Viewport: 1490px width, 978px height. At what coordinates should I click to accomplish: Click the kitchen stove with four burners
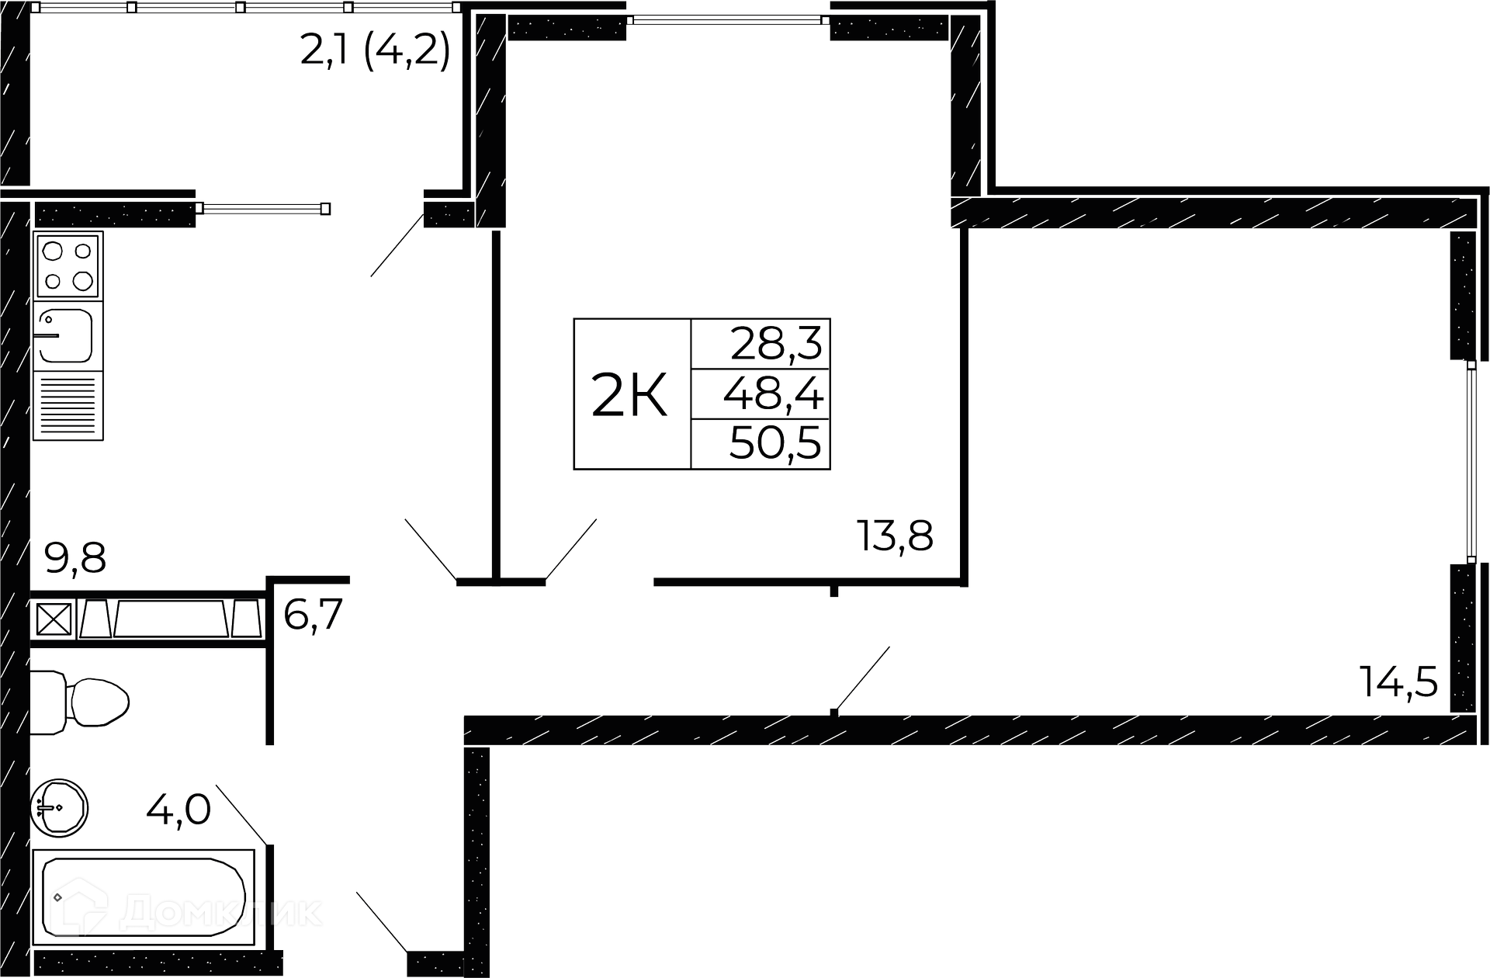(68, 265)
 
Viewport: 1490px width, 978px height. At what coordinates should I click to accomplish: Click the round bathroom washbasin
(60, 808)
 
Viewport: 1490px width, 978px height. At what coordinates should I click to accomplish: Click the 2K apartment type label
(629, 395)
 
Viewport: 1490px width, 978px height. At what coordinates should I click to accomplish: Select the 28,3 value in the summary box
(775, 343)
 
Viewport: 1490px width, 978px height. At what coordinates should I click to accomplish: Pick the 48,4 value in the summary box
(773, 395)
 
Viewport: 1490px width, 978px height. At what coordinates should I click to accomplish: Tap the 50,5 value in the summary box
(774, 445)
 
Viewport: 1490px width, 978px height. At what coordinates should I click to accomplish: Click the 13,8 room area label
(895, 536)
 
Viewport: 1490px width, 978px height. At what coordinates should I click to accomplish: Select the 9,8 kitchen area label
(75, 558)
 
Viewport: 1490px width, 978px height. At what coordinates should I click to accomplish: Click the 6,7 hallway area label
(313, 616)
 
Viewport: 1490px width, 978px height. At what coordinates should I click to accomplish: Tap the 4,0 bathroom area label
(178, 811)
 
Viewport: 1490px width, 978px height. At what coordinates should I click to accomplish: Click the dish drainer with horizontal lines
(68, 406)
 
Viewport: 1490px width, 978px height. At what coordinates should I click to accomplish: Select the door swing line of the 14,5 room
(861, 679)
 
